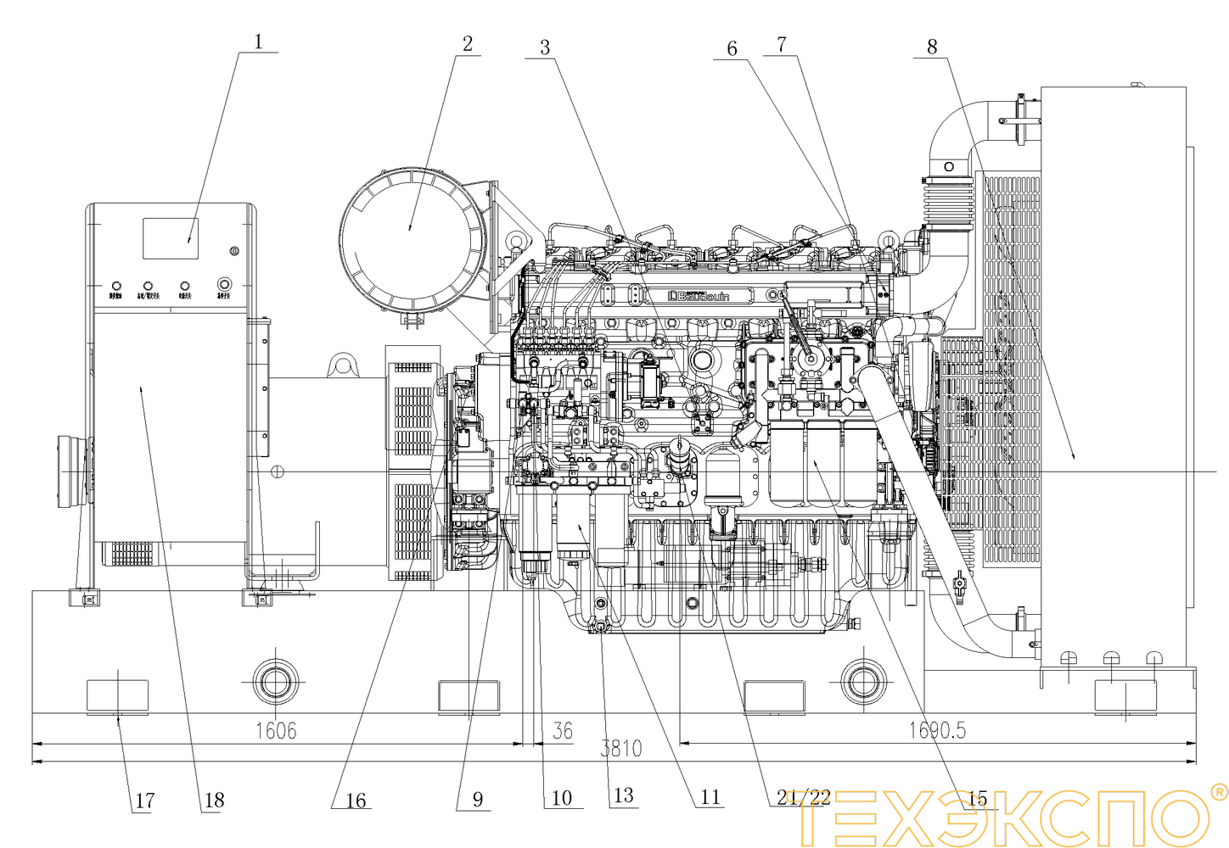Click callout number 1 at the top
pyautogui.click(x=259, y=41)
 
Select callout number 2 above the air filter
pyautogui.click(x=468, y=43)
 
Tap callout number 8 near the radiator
pyautogui.click(x=932, y=47)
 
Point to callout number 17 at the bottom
pyautogui.click(x=145, y=800)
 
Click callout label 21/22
pyautogui.click(x=804, y=796)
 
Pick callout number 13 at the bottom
pyautogui.click(x=624, y=795)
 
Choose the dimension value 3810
pyautogui.click(x=621, y=748)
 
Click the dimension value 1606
pyautogui.click(x=277, y=730)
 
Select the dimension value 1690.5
pyautogui.click(x=937, y=730)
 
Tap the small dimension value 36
pyautogui.click(x=563, y=730)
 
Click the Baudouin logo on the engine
pyautogui.click(x=699, y=296)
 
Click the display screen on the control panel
pyautogui.click(x=171, y=238)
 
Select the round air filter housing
pyautogui.click(x=412, y=239)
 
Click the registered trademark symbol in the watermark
pyautogui.click(x=1218, y=792)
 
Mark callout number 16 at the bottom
pyautogui.click(x=356, y=800)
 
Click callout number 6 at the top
pyautogui.click(x=732, y=48)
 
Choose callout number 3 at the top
pyautogui.click(x=545, y=47)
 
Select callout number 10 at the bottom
pyautogui.click(x=562, y=797)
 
